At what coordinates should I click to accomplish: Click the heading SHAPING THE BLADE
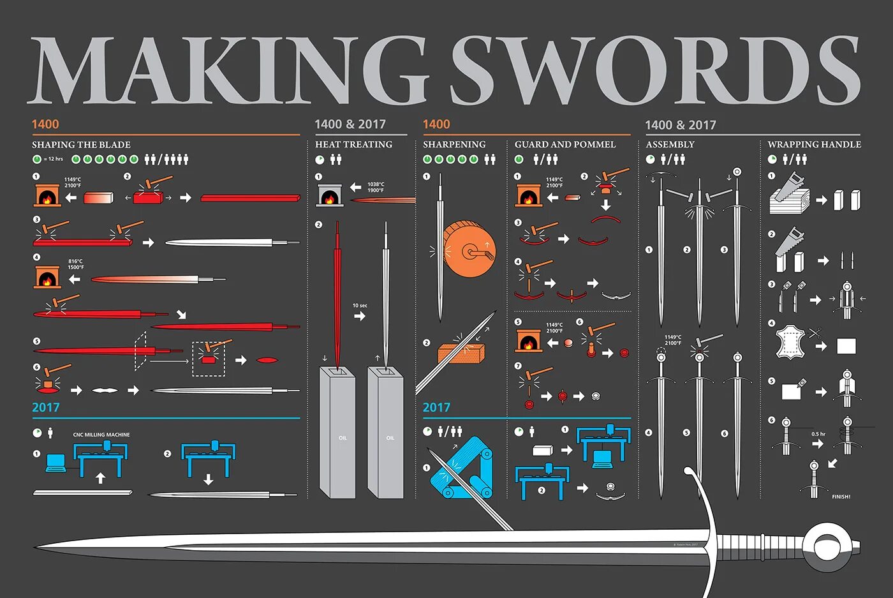point(81,145)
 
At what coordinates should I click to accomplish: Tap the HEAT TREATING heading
point(353,145)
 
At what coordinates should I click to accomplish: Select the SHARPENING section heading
point(454,145)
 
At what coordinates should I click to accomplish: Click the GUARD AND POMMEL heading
point(565,145)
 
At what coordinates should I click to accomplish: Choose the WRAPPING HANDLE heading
point(814,145)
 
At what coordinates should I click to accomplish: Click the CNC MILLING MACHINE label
point(101,435)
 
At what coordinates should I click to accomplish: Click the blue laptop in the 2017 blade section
point(55,462)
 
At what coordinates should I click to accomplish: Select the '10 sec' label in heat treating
point(360,306)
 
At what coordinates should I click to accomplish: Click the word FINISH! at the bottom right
point(841,497)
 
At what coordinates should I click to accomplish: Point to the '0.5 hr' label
point(818,434)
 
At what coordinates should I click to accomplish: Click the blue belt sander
point(462,468)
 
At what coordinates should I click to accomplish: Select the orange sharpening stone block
point(461,353)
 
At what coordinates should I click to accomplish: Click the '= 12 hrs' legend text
point(54,159)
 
